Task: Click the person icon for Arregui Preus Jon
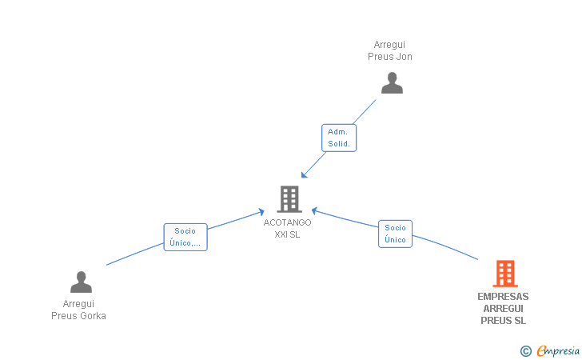[x=392, y=83]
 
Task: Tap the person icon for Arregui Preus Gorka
[x=81, y=282]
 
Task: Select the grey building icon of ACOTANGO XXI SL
[x=289, y=198]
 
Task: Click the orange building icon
[x=504, y=274]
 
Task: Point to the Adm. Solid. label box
[x=339, y=138]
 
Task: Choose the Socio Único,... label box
[x=185, y=237]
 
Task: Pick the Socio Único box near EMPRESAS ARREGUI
[x=395, y=234]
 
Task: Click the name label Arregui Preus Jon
[x=390, y=50]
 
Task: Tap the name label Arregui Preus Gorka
[x=78, y=310]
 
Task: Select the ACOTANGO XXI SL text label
[x=288, y=228]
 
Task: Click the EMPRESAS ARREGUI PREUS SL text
[x=503, y=308]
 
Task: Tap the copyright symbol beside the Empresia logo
[x=525, y=350]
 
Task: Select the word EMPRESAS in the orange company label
[x=503, y=297]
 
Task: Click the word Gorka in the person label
[x=91, y=315]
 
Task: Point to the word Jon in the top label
[x=405, y=57]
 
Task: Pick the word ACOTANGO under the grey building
[x=288, y=222]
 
